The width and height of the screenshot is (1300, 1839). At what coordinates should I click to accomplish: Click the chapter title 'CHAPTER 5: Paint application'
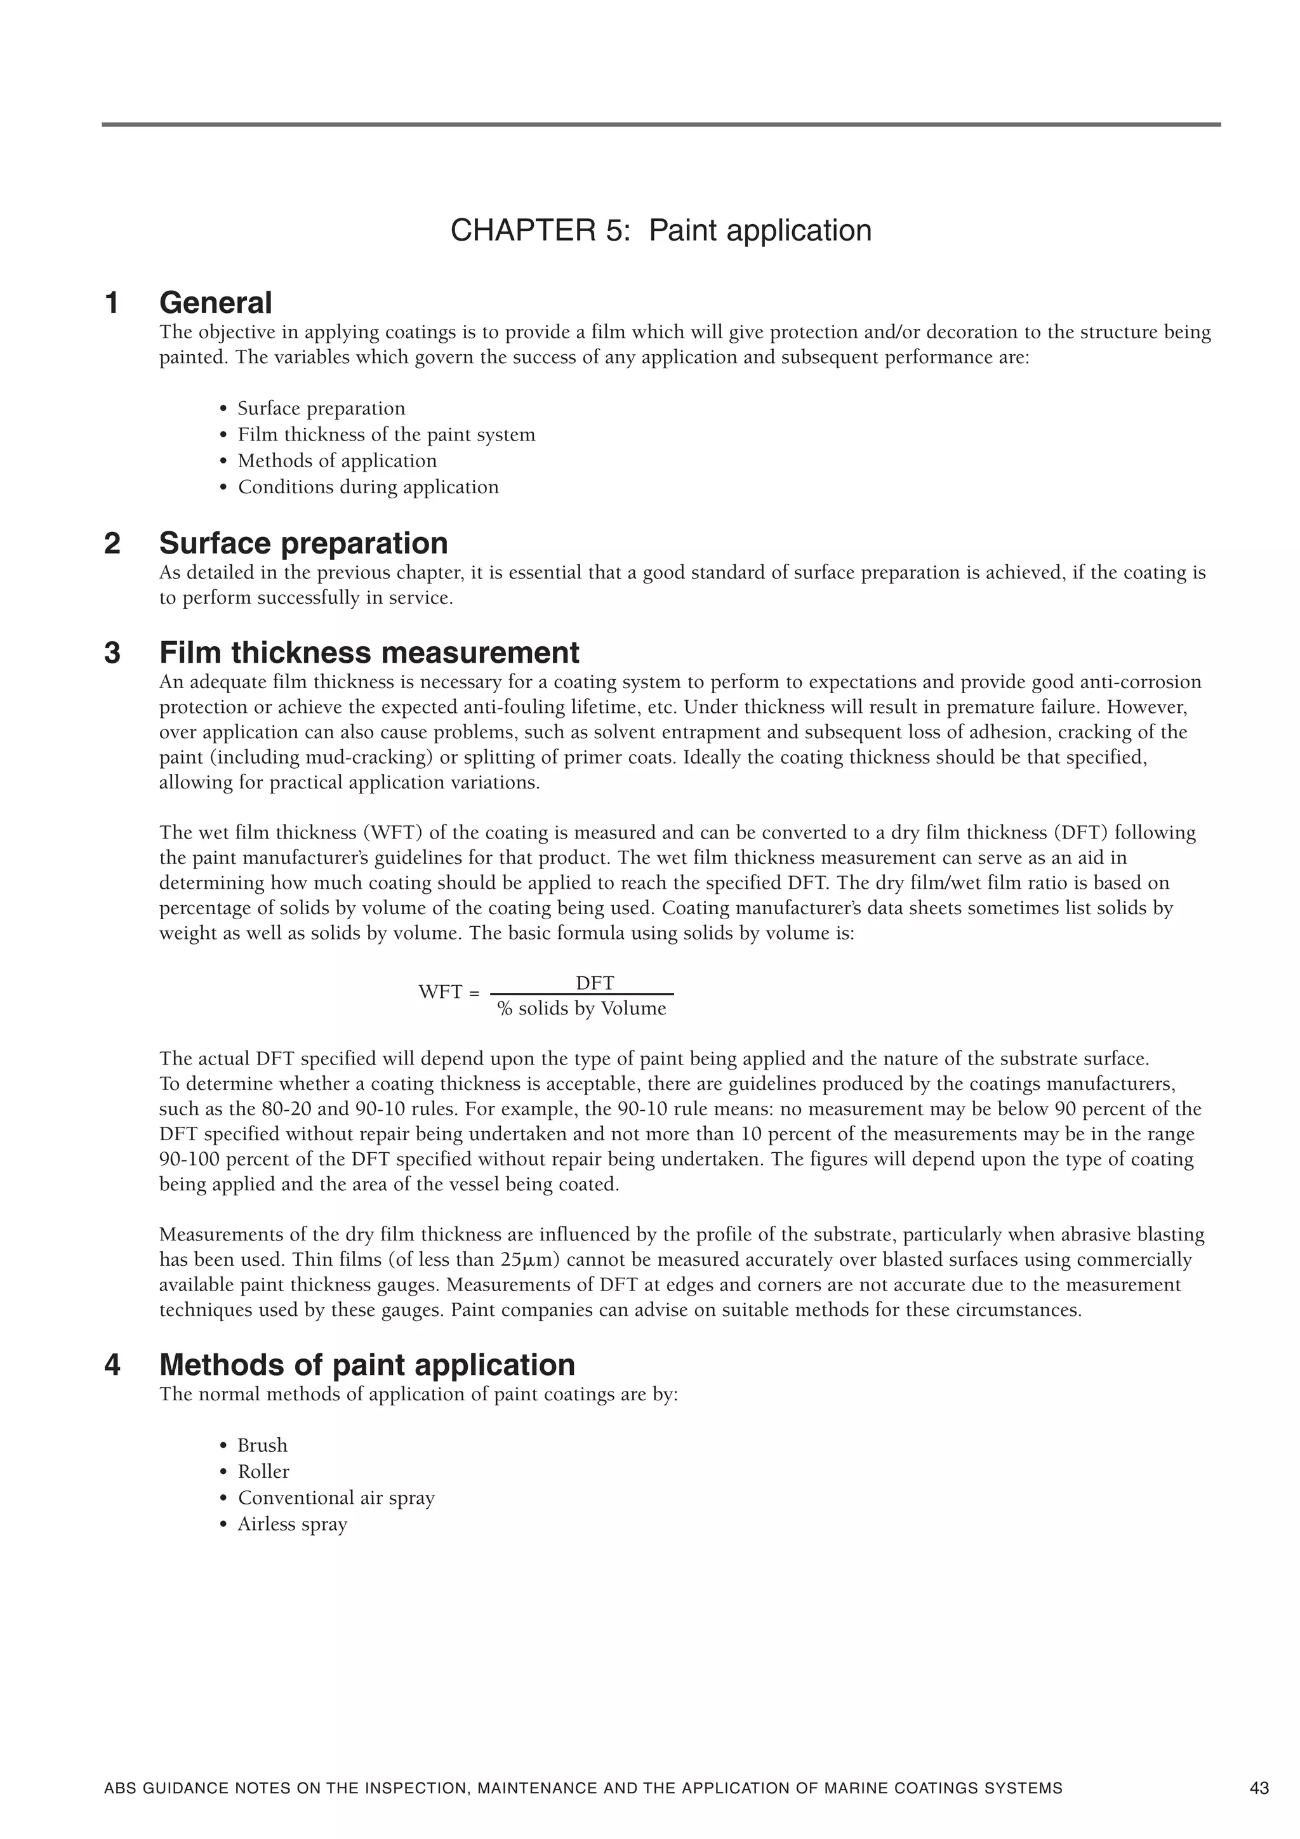tap(660, 230)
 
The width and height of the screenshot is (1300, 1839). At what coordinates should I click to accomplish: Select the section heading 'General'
tap(215, 303)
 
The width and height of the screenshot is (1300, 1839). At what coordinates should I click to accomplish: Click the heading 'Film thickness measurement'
tap(369, 653)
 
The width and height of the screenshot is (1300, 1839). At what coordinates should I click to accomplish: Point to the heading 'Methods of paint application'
tap(367, 1365)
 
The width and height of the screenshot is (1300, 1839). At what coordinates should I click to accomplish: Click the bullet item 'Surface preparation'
tap(321, 408)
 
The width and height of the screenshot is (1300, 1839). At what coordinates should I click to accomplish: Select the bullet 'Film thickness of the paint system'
tap(386, 435)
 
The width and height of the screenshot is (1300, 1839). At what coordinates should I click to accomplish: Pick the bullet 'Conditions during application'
tap(368, 487)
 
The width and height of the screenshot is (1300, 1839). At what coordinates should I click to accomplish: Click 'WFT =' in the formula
tap(449, 992)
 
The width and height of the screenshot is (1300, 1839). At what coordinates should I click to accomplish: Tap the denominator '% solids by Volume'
tap(581, 1009)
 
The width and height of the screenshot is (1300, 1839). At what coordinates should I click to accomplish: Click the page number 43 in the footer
tap(1258, 1788)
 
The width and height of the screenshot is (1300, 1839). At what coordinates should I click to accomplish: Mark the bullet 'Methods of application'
tap(337, 461)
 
